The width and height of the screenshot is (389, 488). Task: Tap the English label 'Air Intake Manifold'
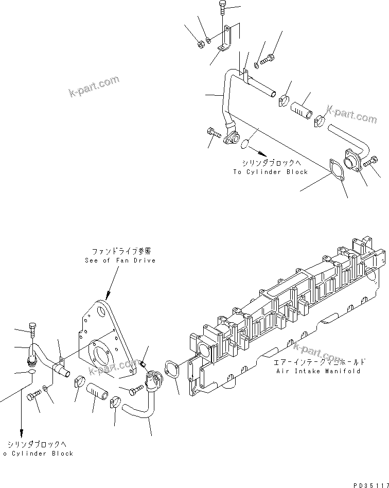tap(318, 371)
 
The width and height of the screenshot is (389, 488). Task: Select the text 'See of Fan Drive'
tap(120, 260)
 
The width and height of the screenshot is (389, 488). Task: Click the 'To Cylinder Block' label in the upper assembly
tap(270, 171)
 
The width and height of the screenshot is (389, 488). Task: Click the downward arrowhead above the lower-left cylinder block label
tap(22, 433)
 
